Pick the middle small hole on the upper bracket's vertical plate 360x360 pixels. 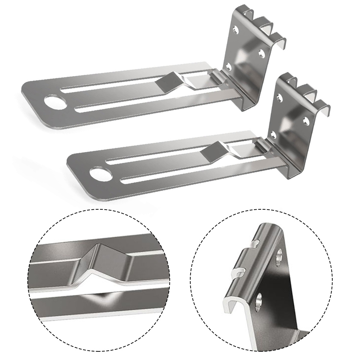261,54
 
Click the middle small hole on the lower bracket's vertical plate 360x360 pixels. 306,120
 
